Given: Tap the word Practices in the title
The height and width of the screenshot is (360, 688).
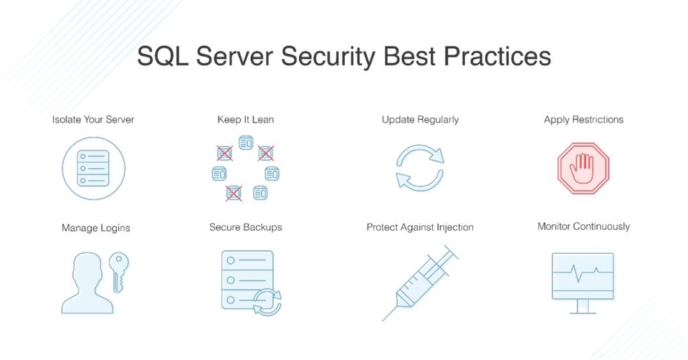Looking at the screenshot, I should (495, 57).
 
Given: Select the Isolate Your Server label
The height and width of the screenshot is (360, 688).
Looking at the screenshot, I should (93, 119).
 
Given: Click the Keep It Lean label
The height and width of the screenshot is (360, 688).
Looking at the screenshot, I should (246, 119).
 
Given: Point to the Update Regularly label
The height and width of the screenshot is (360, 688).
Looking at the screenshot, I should (420, 119).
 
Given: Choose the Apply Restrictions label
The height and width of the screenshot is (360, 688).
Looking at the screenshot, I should (583, 119).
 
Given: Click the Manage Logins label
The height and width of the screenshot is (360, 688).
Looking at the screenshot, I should (95, 228).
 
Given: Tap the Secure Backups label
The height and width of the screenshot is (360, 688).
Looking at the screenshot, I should (246, 227).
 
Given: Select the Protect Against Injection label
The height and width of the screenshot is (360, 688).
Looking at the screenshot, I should (420, 227).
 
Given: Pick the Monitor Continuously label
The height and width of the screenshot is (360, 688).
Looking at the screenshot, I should (583, 227).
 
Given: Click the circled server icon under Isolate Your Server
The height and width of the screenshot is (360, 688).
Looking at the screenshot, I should (94, 169).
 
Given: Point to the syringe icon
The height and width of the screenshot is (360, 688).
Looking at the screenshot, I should (419, 283).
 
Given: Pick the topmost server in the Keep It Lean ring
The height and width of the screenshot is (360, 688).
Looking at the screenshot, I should (246, 144).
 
